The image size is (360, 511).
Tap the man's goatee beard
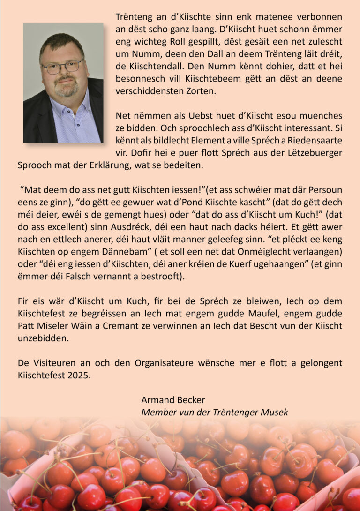(x=66, y=88)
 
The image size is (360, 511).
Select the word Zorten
(x=197, y=90)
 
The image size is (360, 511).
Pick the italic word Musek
(x=276, y=412)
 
